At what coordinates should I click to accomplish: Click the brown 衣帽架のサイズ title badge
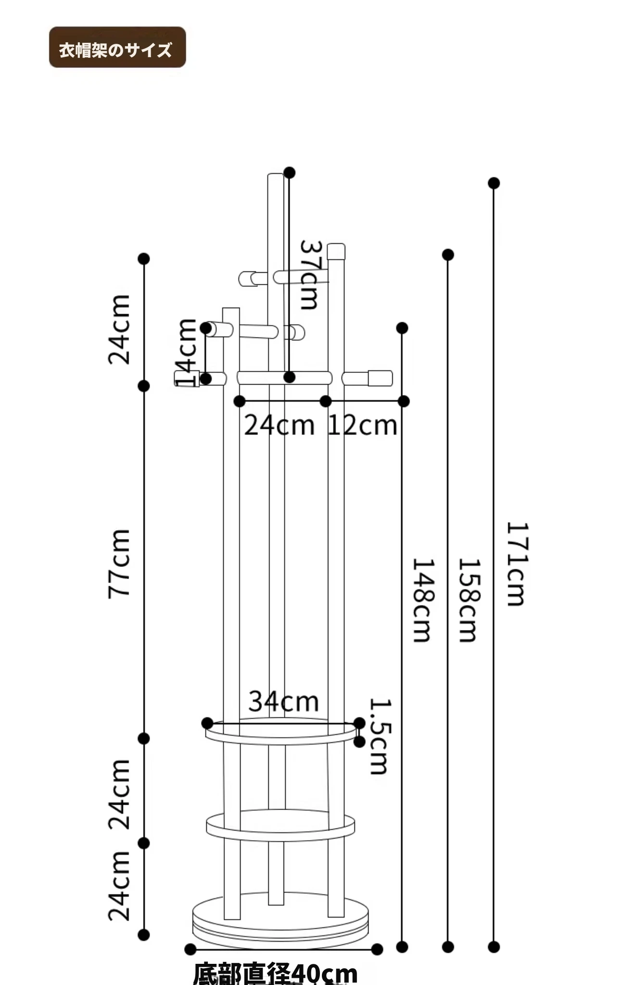coord(117,48)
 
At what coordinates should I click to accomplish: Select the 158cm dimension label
coord(469,600)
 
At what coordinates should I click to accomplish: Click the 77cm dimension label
coord(119,563)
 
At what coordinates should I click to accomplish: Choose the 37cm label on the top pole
coord(309,275)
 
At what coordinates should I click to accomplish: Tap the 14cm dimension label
coord(187,353)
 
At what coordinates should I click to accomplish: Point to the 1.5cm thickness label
coord(380,736)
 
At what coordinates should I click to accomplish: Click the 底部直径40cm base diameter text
coord(275,972)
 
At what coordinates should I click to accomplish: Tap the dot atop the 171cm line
coord(494,183)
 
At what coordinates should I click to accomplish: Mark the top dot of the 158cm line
coord(448,254)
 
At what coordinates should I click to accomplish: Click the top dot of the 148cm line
coord(402,328)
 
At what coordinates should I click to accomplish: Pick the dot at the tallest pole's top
coord(289,173)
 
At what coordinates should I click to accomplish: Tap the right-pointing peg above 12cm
coord(368,378)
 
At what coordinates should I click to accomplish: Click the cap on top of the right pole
coord(336,251)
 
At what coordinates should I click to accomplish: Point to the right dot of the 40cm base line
coord(377,949)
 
